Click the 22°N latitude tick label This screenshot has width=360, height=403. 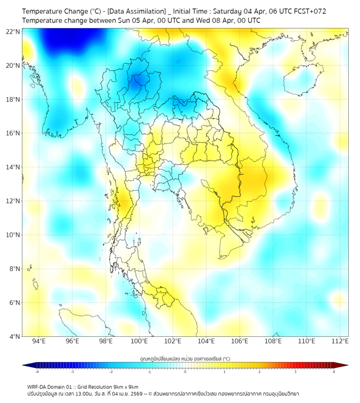point(13,31)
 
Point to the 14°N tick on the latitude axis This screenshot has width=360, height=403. point(13,167)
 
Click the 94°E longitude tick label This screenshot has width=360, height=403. point(39,341)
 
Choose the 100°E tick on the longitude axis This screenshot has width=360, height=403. point(140,341)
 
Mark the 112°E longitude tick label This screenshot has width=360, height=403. point(340,341)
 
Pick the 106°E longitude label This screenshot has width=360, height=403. point(240,341)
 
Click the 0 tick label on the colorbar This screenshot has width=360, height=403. point(185,372)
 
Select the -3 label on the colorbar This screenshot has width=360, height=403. point(72,372)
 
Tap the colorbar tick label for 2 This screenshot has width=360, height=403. point(259,372)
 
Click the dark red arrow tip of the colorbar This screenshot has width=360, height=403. point(345,365)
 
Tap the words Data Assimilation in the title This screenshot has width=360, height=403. point(136,11)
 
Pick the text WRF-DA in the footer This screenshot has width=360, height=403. point(38,386)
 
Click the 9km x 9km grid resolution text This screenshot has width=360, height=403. point(126,386)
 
